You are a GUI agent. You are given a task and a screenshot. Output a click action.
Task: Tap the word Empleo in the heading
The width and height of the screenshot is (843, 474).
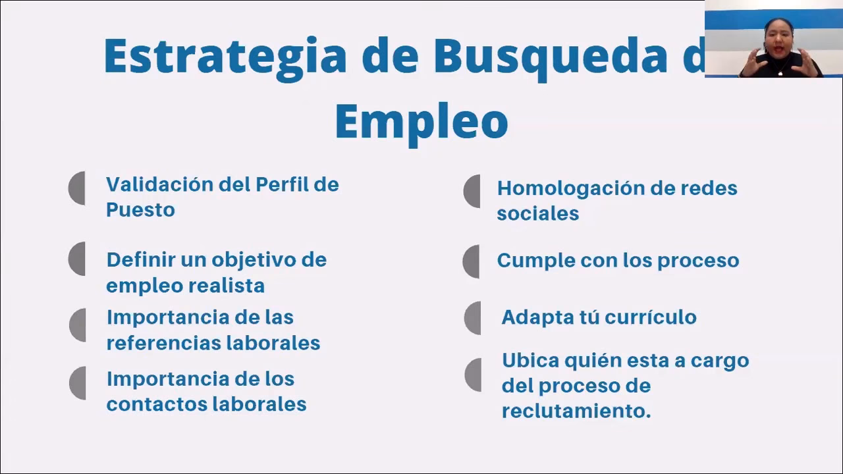421,122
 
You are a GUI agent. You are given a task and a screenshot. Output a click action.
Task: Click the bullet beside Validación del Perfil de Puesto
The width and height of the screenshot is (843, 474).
78,188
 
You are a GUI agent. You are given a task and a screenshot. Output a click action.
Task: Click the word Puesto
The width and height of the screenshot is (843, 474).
140,211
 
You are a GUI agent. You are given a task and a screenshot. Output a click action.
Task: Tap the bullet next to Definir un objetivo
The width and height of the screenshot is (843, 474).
78,259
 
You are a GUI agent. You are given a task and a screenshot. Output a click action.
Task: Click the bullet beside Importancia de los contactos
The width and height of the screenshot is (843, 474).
78,383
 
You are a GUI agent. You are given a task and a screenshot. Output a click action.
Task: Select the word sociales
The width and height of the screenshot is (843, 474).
537,213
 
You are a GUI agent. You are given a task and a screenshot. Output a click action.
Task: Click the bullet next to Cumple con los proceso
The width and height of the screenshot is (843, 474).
472,261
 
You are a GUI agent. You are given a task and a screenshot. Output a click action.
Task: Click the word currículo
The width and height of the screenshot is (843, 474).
650,317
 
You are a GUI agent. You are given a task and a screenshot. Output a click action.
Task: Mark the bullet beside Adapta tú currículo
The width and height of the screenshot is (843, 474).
473,318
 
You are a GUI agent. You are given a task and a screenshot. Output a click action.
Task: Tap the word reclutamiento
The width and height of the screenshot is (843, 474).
576,411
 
